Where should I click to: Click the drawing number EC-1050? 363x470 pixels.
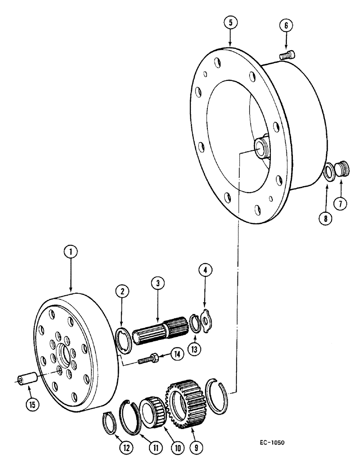pyautogui.click(x=272, y=443)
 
